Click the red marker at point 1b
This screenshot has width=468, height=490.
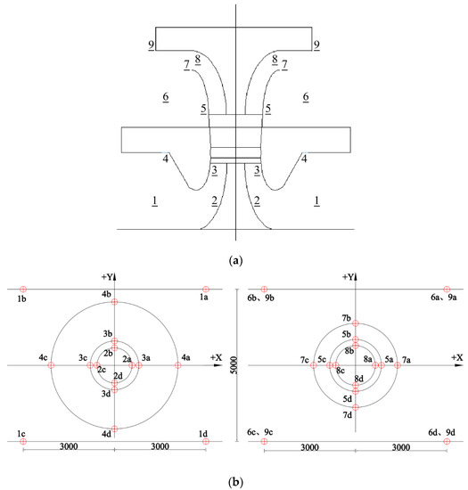click(23, 289)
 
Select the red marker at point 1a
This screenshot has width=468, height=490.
click(205, 289)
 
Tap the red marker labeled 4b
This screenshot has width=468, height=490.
click(114, 301)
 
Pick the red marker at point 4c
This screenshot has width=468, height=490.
click(51, 365)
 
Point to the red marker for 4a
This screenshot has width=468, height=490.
click(178, 365)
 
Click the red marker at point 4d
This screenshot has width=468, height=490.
click(114, 429)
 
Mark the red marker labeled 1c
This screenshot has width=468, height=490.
click(23, 441)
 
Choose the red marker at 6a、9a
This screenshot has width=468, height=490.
click(447, 289)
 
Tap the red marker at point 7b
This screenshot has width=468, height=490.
click(356, 323)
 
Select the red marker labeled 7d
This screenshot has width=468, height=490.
click(356, 407)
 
